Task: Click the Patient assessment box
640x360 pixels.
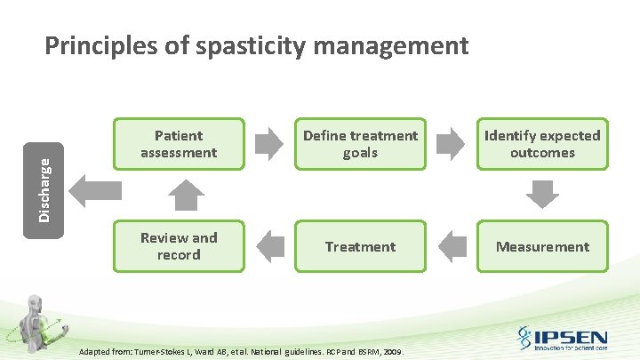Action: (179, 144)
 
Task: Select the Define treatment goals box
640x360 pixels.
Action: (360, 144)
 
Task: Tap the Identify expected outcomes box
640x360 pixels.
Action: (542, 144)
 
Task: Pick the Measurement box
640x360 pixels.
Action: (542, 246)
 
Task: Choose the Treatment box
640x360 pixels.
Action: (360, 246)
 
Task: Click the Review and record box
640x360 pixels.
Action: (179, 246)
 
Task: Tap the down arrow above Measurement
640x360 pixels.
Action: (542, 193)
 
